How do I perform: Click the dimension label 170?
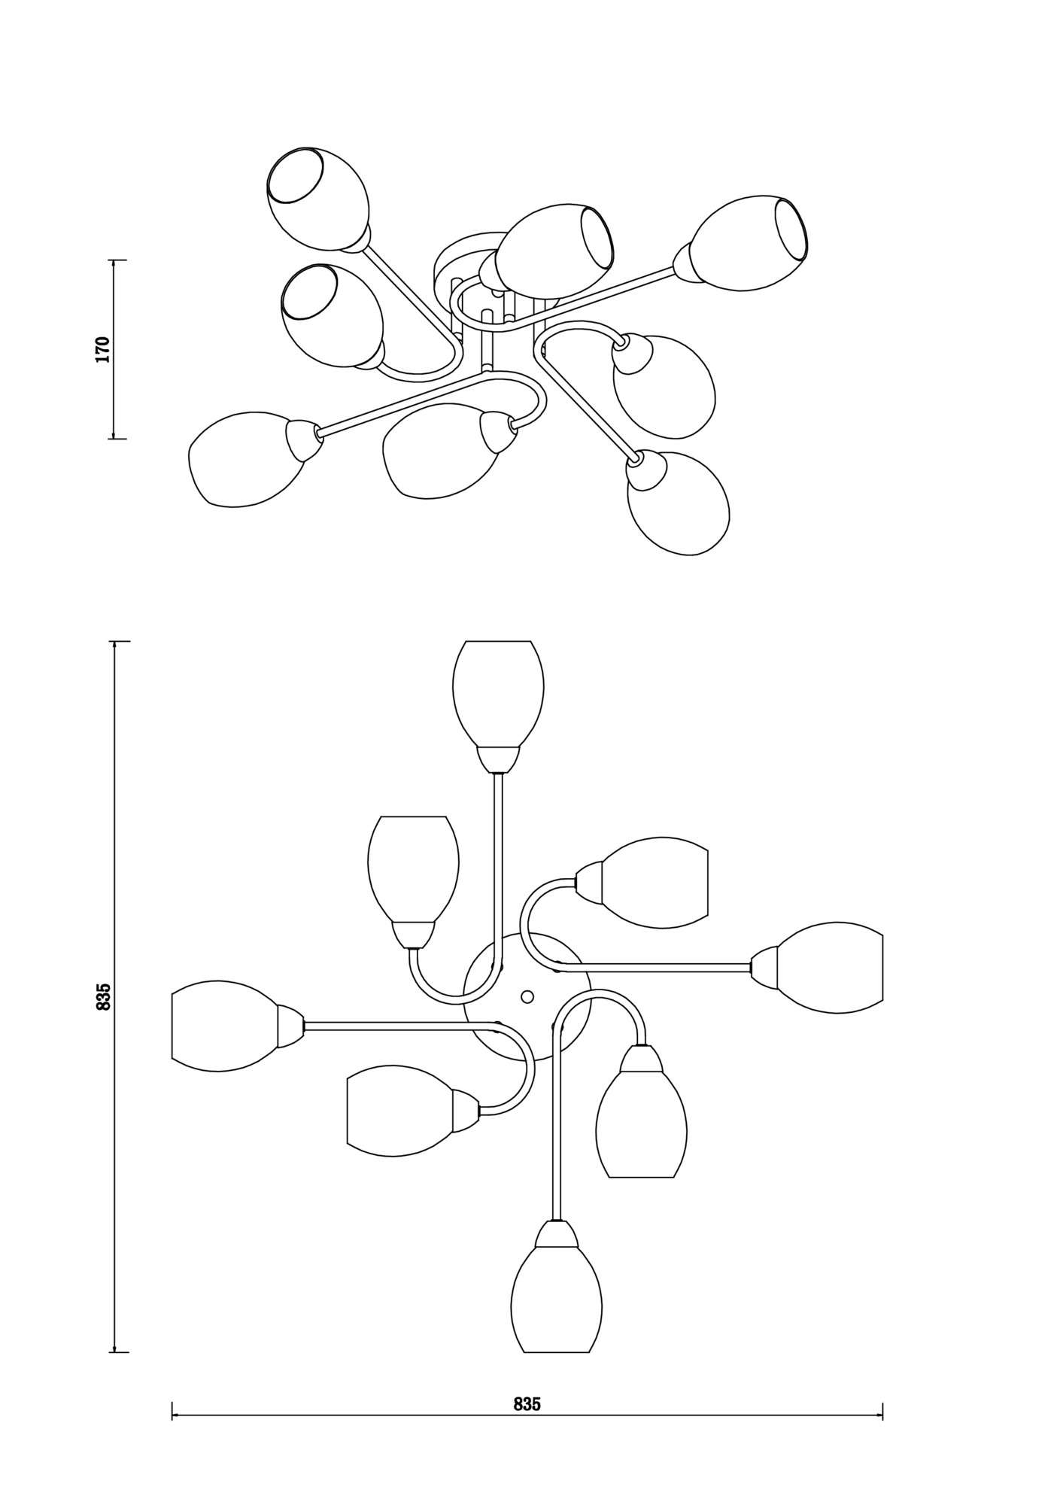pos(103,350)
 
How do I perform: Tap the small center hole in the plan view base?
pos(527,996)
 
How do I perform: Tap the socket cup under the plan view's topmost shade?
pos(498,759)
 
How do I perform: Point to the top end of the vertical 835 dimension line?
pos(114,641)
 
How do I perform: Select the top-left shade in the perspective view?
pos(318,199)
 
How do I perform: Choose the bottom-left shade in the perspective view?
pos(247,459)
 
